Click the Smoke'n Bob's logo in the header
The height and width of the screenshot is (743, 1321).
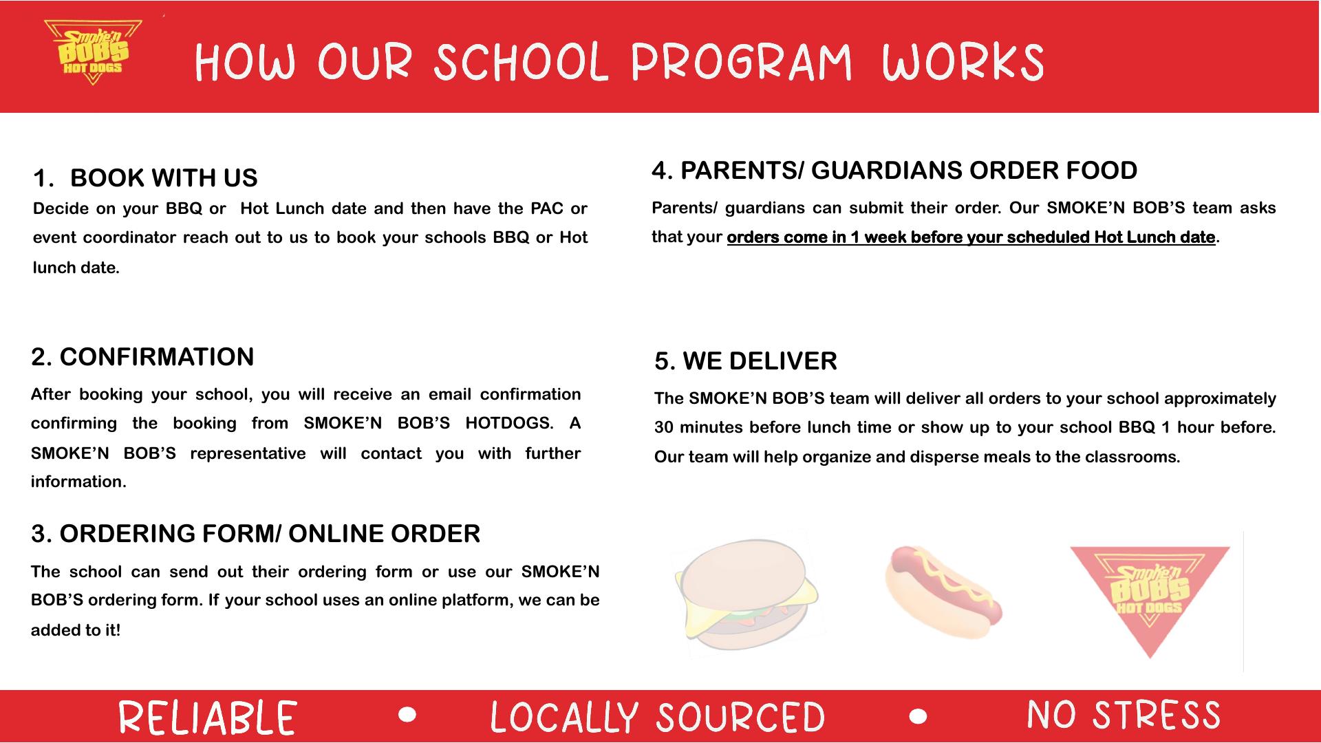tap(93, 53)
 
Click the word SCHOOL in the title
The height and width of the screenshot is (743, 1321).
tap(521, 63)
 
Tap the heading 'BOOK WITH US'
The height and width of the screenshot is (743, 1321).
tap(164, 178)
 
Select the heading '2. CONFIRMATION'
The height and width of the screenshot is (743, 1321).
tap(142, 357)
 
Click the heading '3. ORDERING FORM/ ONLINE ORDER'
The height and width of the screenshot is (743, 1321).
tap(255, 534)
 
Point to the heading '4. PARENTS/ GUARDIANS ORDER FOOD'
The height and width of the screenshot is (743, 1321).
tap(894, 171)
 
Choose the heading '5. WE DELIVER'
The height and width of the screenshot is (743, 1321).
tap(746, 361)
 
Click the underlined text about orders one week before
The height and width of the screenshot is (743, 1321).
tap(971, 237)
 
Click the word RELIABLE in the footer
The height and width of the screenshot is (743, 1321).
tap(208, 717)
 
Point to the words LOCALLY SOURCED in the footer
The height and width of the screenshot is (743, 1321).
tap(657, 717)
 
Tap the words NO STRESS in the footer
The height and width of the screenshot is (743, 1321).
tap(1124, 715)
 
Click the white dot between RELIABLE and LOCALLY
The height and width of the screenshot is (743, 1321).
tap(407, 715)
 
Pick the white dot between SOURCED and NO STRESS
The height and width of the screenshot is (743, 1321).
tap(918, 716)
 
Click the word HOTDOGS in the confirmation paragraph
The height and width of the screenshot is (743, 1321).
tap(508, 423)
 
